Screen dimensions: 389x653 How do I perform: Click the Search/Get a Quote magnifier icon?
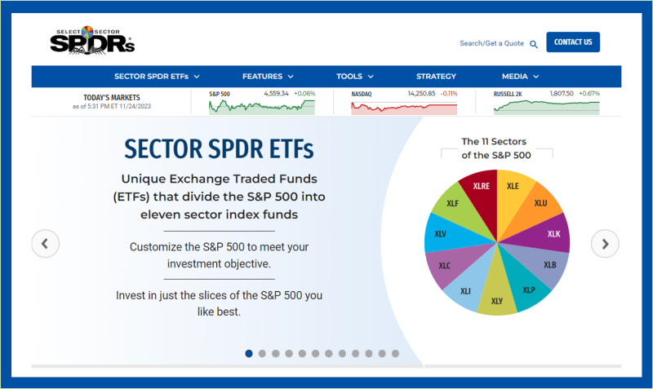[x=534, y=44]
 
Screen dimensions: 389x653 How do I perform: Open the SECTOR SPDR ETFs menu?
[x=157, y=77]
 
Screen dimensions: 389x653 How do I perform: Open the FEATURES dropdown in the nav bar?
[x=268, y=77]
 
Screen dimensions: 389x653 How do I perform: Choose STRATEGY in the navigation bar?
[x=436, y=77]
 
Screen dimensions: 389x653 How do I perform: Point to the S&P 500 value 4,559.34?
[x=278, y=94]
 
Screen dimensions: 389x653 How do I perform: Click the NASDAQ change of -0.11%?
[x=448, y=94]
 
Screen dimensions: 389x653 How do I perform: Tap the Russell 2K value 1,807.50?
[x=562, y=94]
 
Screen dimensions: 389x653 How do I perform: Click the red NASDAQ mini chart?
[x=404, y=107]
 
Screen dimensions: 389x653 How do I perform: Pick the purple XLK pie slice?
[x=552, y=234]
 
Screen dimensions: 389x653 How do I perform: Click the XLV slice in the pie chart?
[x=442, y=235]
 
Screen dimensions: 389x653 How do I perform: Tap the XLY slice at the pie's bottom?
[x=496, y=299]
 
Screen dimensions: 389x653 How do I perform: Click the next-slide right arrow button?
[x=605, y=243]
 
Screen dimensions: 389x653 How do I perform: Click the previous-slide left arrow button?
[x=45, y=243]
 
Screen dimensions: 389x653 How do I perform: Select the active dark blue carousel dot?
[x=249, y=353]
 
